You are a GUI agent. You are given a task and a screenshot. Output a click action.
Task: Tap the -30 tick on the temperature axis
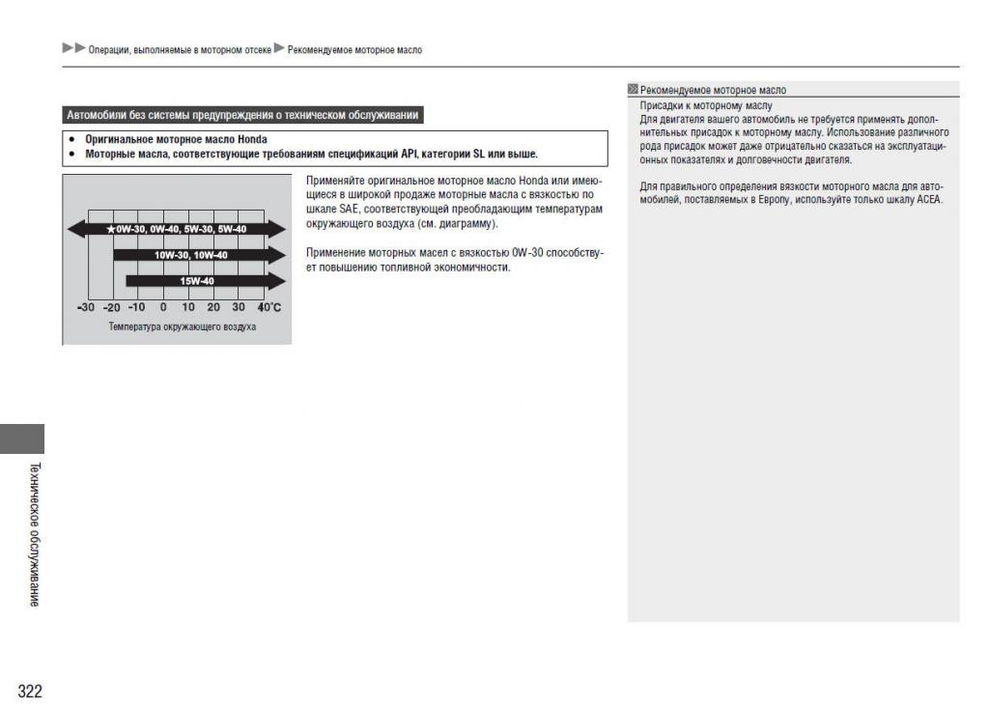[x=85, y=307]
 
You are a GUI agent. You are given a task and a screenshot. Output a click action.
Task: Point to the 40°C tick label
[x=274, y=307]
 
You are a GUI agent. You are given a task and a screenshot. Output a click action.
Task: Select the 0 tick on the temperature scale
[x=163, y=307]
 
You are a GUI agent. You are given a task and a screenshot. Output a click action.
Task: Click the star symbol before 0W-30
[x=112, y=229]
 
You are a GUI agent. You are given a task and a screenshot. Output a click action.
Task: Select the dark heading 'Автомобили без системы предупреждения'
[x=240, y=117]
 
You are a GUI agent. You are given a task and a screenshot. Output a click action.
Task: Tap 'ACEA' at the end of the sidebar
[x=928, y=200]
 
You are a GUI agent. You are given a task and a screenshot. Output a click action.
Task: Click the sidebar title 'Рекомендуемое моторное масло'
[x=715, y=91]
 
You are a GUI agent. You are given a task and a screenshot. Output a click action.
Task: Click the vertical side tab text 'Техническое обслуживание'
[x=34, y=533]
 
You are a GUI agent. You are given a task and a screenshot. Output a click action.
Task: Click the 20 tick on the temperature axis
[x=213, y=307]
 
